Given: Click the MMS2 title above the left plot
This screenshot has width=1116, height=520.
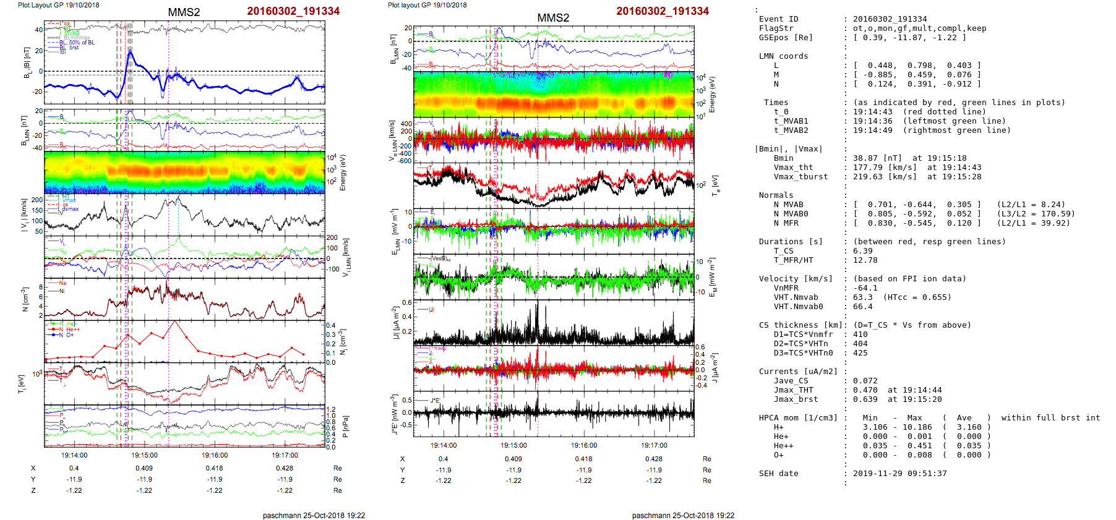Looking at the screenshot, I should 184,12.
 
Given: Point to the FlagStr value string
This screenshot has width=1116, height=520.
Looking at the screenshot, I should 919,28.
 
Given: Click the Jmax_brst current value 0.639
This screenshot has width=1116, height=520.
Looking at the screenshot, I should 865,399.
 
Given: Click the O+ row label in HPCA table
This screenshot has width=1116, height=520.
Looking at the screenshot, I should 778,455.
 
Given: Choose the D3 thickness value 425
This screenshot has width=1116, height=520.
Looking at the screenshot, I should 860,353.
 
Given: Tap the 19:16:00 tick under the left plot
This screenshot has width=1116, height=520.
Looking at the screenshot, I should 215,455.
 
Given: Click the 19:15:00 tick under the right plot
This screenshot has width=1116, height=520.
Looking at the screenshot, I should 513,445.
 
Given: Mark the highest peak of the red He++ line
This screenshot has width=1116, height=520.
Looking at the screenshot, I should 174,322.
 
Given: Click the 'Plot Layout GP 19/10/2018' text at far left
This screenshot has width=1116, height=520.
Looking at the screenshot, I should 58,5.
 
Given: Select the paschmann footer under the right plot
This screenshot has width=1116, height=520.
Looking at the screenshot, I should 683,515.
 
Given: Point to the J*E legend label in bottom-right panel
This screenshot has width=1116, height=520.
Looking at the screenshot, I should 435,401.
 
